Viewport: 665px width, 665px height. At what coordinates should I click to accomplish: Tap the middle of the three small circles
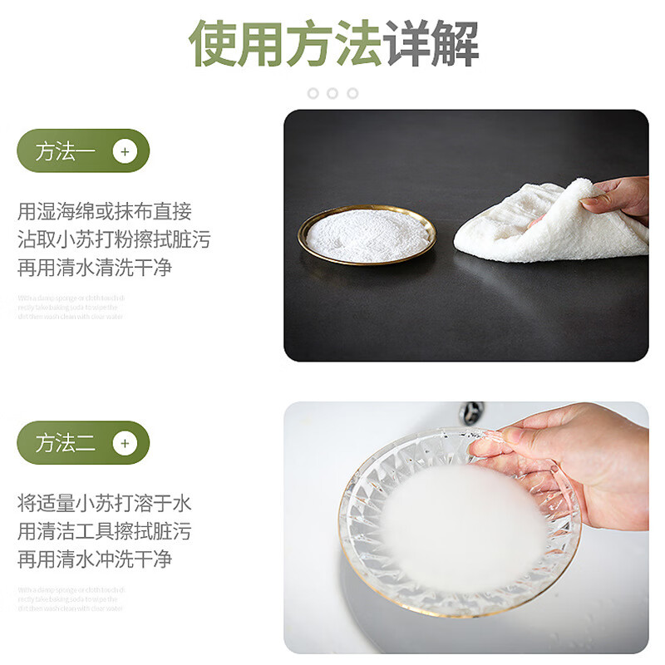tap(332, 93)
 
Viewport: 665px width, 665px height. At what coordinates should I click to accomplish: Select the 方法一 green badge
tap(83, 151)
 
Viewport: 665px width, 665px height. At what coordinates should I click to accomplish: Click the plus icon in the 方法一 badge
tap(125, 151)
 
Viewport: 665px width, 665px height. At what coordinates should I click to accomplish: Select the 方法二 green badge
tap(83, 443)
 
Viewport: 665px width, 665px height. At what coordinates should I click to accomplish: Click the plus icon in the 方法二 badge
tap(125, 443)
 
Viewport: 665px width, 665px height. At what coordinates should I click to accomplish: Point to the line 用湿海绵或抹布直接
tap(105, 212)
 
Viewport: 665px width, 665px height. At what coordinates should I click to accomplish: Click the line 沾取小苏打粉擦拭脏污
tap(114, 240)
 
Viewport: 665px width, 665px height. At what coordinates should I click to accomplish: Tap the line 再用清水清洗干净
tap(95, 268)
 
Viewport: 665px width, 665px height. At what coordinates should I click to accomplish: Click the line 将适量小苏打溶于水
tap(105, 503)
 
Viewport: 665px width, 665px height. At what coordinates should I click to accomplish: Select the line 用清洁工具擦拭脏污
tap(105, 531)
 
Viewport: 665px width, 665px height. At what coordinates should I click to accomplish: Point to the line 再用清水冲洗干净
tap(95, 559)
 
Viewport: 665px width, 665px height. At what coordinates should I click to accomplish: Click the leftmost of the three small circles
tap(313, 93)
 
